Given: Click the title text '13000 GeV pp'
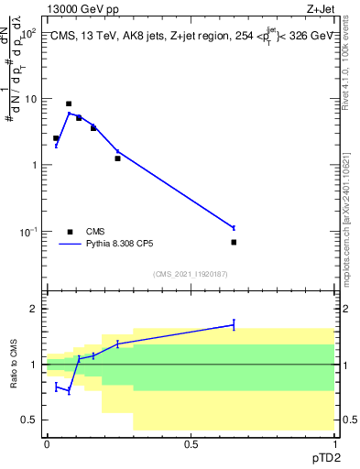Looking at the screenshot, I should click(81, 8).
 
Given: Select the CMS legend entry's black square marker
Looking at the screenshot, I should click(70, 232).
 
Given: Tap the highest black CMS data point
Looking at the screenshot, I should click(69, 104).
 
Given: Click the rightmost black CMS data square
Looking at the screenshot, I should click(234, 242).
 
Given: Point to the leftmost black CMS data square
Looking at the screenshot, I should click(56, 138).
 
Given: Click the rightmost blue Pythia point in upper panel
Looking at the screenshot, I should click(234, 227).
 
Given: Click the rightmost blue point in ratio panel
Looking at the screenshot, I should click(234, 324).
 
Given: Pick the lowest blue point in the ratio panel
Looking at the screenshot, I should click(69, 391).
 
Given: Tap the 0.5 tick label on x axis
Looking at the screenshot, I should click(191, 444).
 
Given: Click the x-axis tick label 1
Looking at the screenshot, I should click(335, 444).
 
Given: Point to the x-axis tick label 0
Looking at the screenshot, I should click(47, 444).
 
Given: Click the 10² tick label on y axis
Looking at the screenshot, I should click(28, 32).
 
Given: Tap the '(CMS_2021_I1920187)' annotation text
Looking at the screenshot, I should click(191, 273).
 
